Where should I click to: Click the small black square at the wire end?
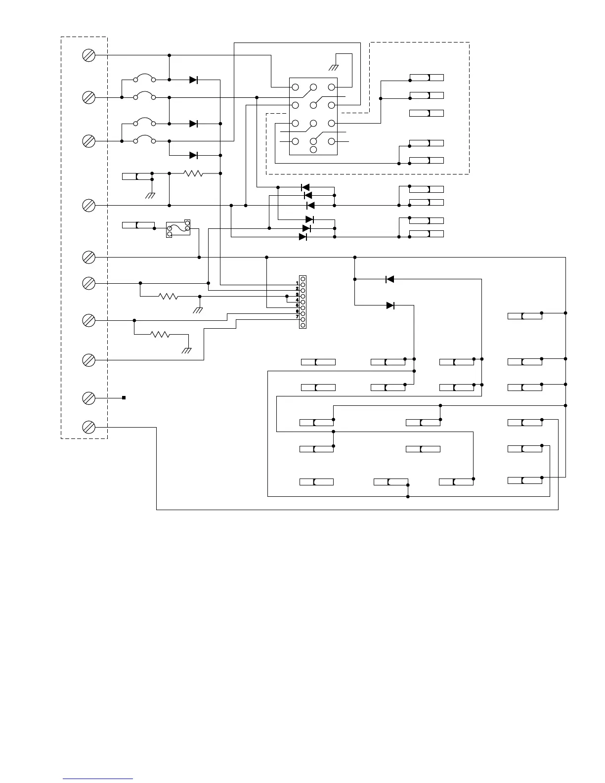click(x=124, y=397)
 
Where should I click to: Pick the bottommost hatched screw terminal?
click(x=88, y=427)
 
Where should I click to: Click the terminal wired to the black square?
click(x=88, y=397)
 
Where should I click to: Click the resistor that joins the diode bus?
click(x=193, y=174)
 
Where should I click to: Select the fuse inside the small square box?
click(x=178, y=228)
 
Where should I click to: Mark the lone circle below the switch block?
click(x=313, y=149)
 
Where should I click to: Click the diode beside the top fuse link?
click(x=193, y=80)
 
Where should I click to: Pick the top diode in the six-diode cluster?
click(x=305, y=187)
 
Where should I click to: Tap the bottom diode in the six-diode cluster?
click(x=303, y=237)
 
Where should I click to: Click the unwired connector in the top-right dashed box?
click(x=427, y=113)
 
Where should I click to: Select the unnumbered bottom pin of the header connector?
click(x=303, y=325)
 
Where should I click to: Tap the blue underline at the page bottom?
click(x=98, y=779)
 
